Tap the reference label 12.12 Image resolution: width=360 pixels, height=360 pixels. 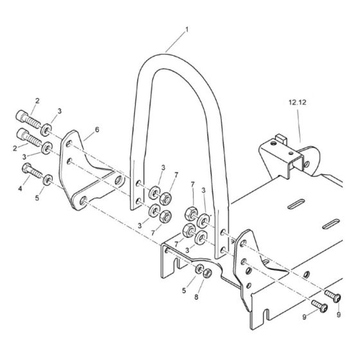(298, 102)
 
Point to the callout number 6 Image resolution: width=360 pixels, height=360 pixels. (96, 130)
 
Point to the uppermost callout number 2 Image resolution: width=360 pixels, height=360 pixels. (37, 101)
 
